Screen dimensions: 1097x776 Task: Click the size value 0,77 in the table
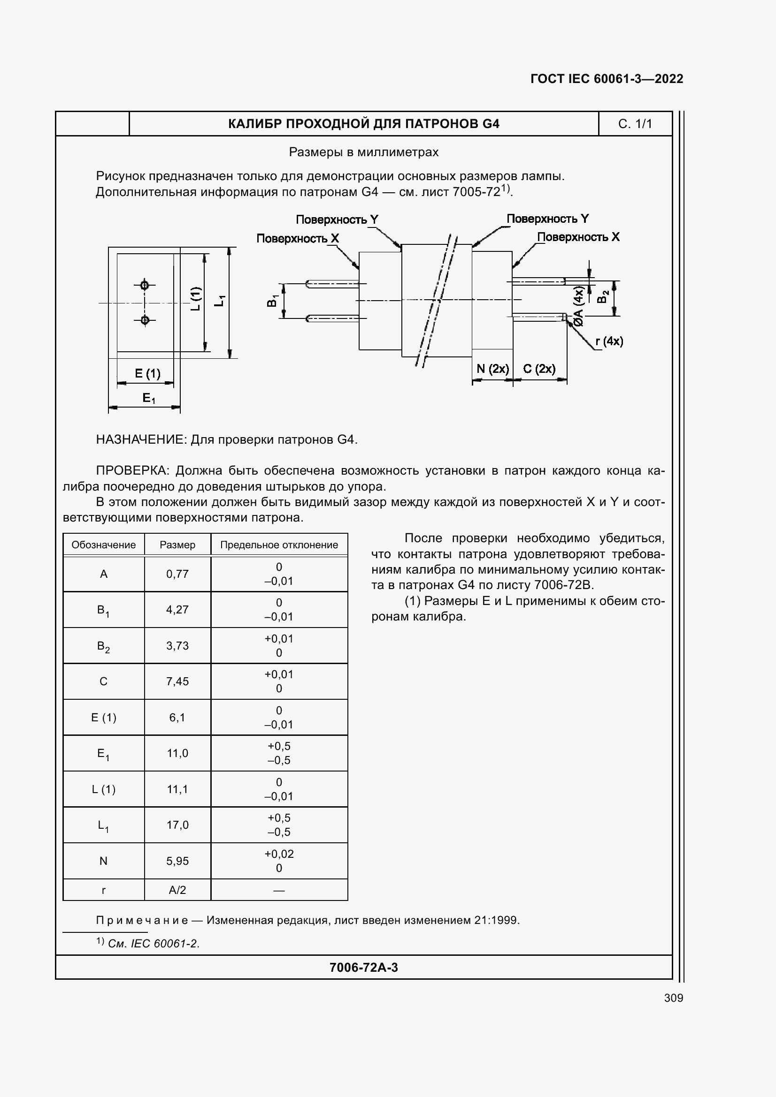pos(177,574)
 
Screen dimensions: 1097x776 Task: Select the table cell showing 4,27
pos(177,610)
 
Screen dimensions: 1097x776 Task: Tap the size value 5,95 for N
pos(177,861)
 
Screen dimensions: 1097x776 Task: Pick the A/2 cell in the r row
pos(177,890)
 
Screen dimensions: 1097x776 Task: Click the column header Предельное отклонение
pos(279,545)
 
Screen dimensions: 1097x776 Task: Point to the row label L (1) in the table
pos(103,789)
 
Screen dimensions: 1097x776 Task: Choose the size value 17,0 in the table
pos(177,825)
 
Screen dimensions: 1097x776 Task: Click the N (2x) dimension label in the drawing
pos(492,369)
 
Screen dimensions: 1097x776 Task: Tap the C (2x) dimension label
pos(539,369)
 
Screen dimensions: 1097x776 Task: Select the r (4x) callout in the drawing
pos(609,341)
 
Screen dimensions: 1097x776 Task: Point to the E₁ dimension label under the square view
pos(149,398)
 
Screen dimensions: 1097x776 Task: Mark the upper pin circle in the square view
pos(145,285)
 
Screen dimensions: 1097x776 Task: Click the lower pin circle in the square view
pos(145,320)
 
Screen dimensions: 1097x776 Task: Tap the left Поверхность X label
pos(297,238)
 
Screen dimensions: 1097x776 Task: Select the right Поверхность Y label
pos(547,219)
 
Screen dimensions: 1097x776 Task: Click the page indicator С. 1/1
pos(635,124)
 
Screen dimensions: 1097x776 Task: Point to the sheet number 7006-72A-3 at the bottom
pos(363,968)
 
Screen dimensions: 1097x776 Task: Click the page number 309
pos(673,998)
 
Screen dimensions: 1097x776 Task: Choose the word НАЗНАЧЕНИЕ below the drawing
pos(140,439)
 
